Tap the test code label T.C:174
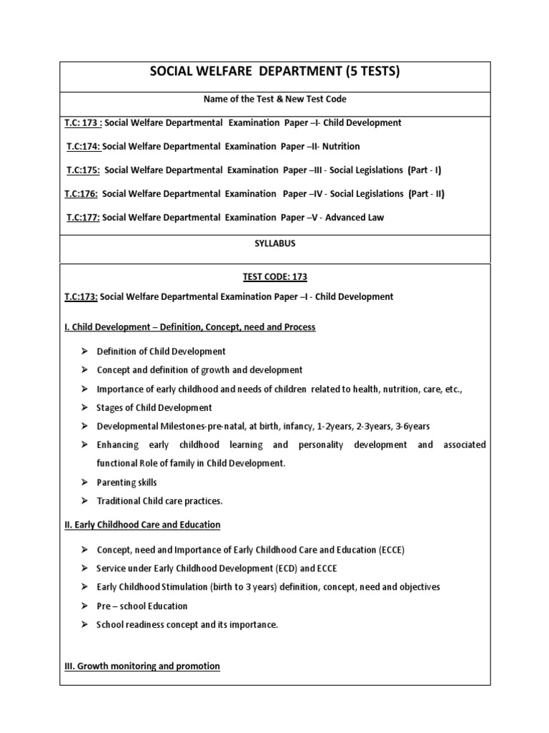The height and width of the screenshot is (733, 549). click(x=84, y=146)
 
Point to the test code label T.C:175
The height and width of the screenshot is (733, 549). click(x=84, y=170)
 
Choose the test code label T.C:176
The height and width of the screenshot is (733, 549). click(x=84, y=193)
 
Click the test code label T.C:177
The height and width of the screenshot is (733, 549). click(x=83, y=217)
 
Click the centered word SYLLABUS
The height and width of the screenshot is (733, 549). click(x=274, y=243)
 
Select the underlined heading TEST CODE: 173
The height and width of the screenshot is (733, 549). click(x=274, y=276)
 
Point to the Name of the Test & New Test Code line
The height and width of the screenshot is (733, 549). click(x=274, y=99)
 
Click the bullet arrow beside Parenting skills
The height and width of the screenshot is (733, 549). click(x=84, y=482)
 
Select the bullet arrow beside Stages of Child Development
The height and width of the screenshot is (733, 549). click(x=84, y=407)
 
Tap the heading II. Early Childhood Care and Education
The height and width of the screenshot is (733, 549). click(x=142, y=525)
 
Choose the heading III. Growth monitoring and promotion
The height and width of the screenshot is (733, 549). click(x=142, y=666)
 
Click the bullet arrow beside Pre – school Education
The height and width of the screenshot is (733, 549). click(x=84, y=606)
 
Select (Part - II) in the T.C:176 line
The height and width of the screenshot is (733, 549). click(x=426, y=193)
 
